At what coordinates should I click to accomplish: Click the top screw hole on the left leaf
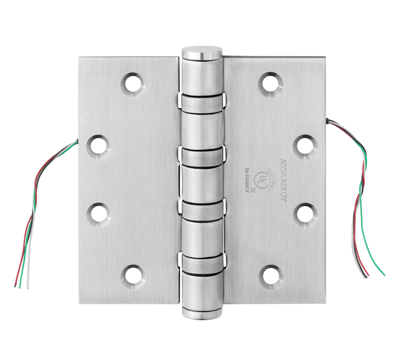point(133,84)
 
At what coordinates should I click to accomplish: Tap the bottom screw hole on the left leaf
point(133,276)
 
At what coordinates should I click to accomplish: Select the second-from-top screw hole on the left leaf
point(98,146)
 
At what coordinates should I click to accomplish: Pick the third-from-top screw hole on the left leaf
point(98,213)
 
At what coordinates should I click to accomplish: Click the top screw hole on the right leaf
point(271,84)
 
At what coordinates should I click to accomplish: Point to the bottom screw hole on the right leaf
point(271,276)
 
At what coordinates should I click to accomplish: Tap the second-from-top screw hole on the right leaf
point(306,146)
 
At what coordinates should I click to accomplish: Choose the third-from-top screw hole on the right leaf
point(306,213)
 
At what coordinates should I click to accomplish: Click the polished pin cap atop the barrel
point(202,52)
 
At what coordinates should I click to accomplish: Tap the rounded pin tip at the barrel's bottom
point(202,313)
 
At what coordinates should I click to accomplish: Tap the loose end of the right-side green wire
point(384,275)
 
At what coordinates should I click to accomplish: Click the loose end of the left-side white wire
point(27,287)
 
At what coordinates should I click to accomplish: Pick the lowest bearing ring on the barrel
point(202,263)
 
